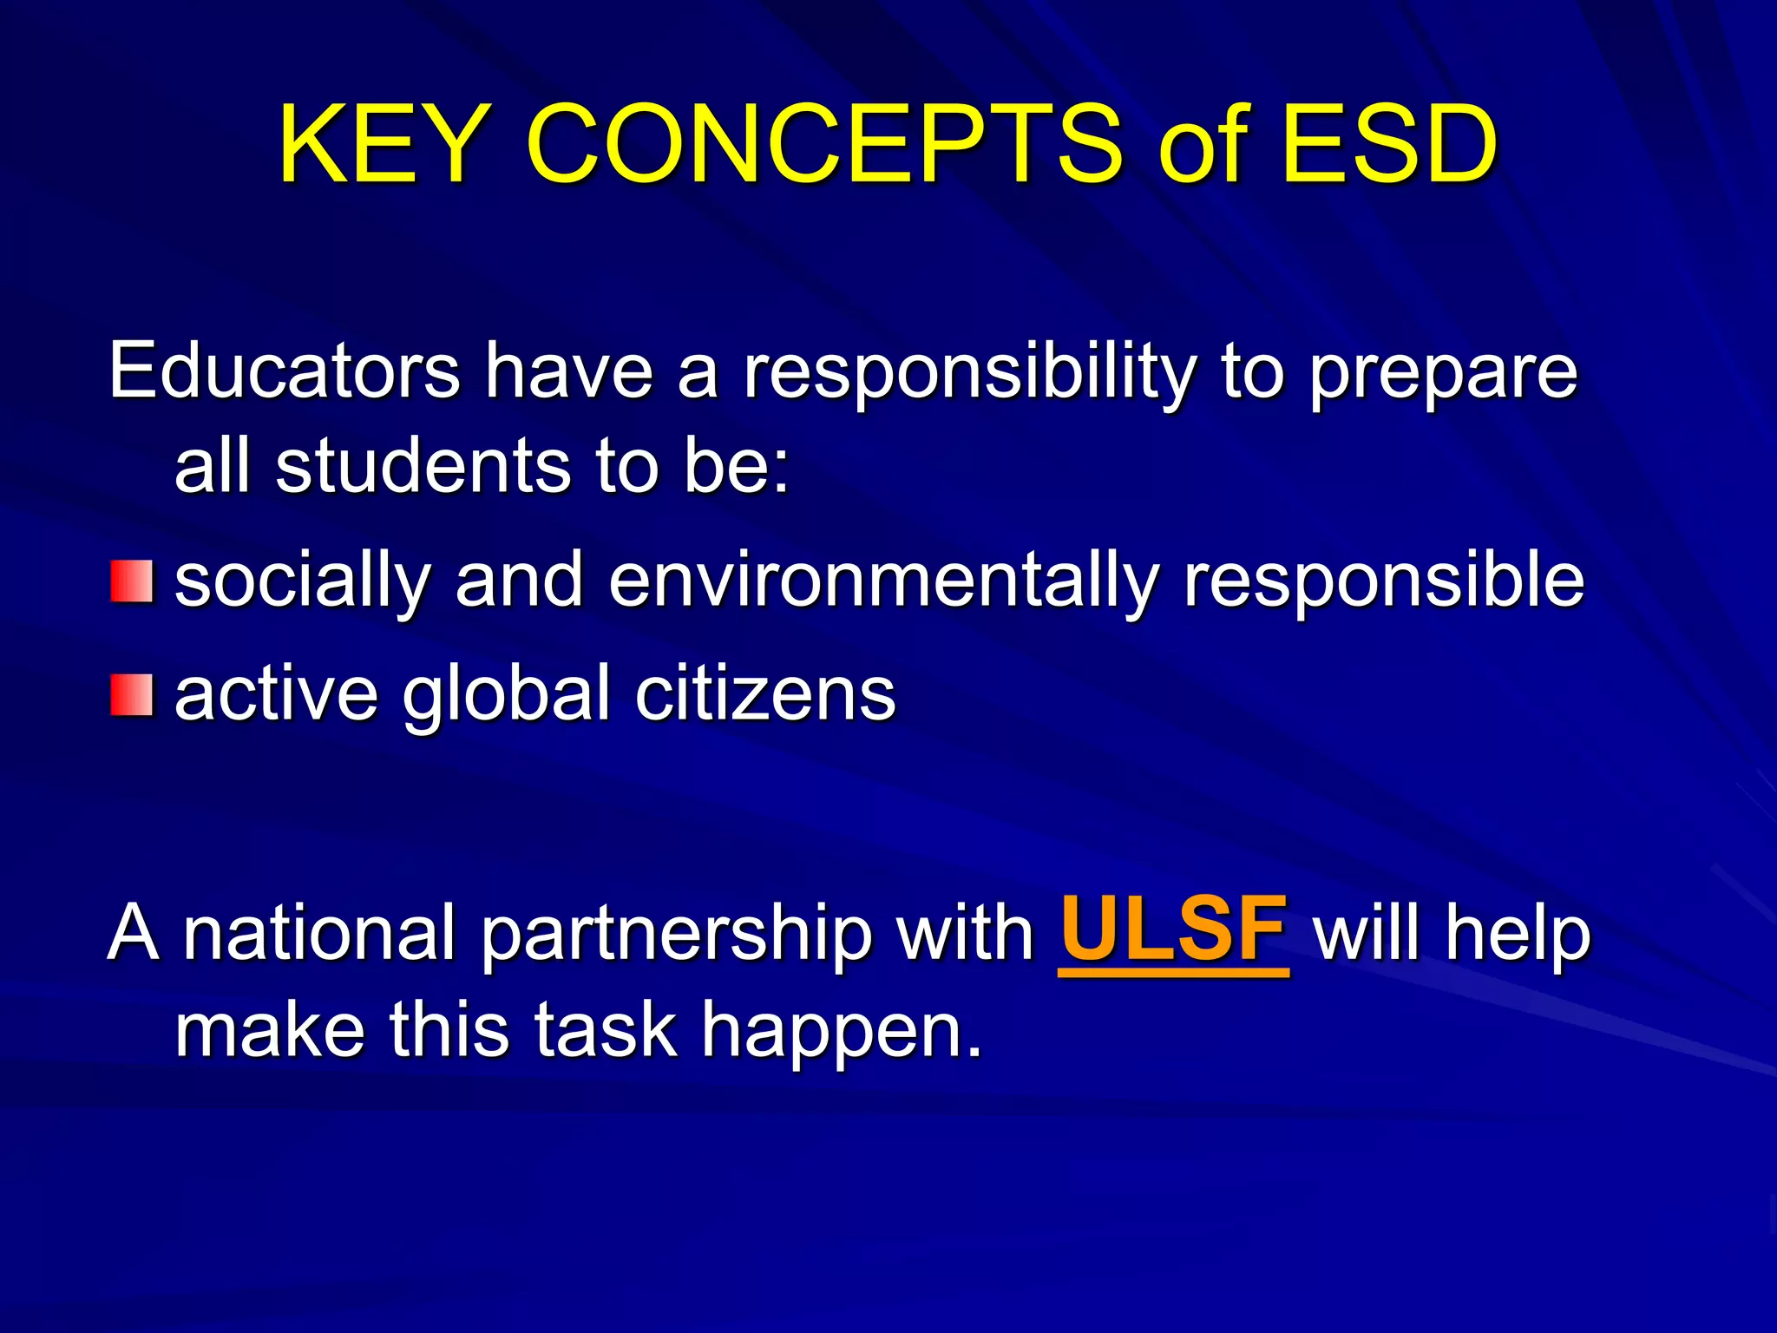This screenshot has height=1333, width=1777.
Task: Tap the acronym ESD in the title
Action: (1389, 145)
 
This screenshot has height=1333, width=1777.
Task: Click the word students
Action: (424, 466)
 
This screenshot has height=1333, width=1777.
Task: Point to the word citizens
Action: (764, 693)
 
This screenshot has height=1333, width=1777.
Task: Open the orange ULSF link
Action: (1173, 931)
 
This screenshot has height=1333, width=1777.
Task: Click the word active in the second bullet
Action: (277, 693)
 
